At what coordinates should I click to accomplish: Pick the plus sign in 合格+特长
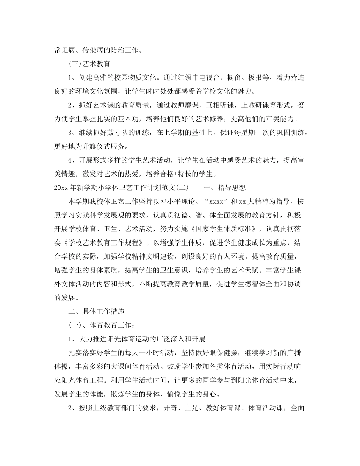point(177,174)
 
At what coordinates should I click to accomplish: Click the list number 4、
point(72,160)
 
